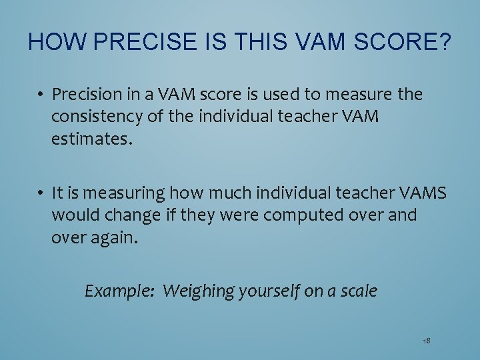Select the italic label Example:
point(119,291)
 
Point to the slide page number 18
point(426,341)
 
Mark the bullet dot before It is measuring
point(41,193)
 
